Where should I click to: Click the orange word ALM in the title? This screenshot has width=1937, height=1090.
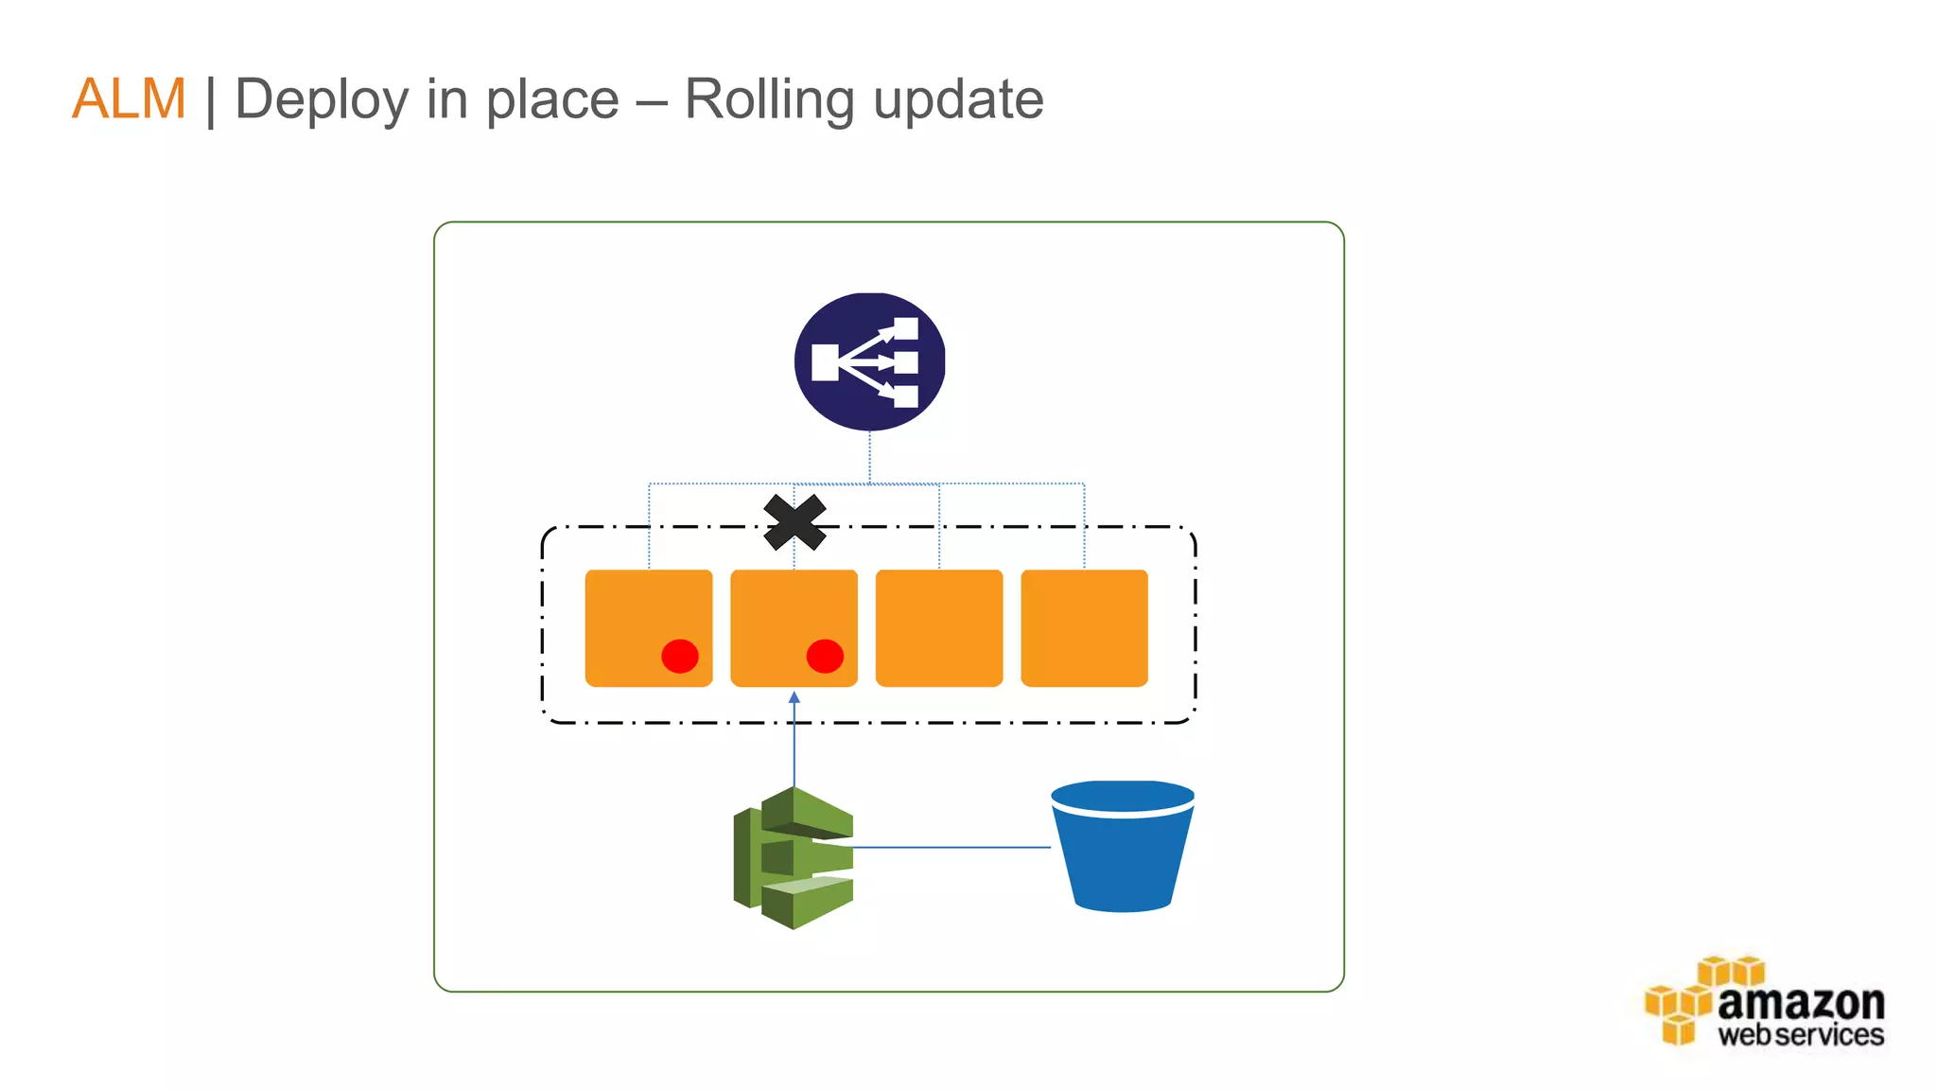129,98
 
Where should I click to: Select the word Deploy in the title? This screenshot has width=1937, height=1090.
322,100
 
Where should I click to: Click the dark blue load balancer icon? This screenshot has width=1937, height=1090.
869,361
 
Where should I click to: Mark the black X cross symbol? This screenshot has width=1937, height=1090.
794,522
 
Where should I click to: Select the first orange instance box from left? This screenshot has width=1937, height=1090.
649,627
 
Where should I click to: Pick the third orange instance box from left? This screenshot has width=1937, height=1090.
939,627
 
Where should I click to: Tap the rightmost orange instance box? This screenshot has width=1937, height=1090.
1084,627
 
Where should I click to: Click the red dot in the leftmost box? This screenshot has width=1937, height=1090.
680,656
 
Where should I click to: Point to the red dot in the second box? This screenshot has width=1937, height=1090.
825,656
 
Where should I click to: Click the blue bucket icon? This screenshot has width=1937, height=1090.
1123,846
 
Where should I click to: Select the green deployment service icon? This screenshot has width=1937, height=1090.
794,857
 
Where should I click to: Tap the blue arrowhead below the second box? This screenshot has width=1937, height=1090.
794,697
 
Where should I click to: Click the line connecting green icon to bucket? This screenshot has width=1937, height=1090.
951,847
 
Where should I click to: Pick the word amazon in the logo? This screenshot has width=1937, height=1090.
1801,1003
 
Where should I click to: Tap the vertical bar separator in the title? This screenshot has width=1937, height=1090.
210,100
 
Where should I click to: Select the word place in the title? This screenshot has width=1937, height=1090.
552,100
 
